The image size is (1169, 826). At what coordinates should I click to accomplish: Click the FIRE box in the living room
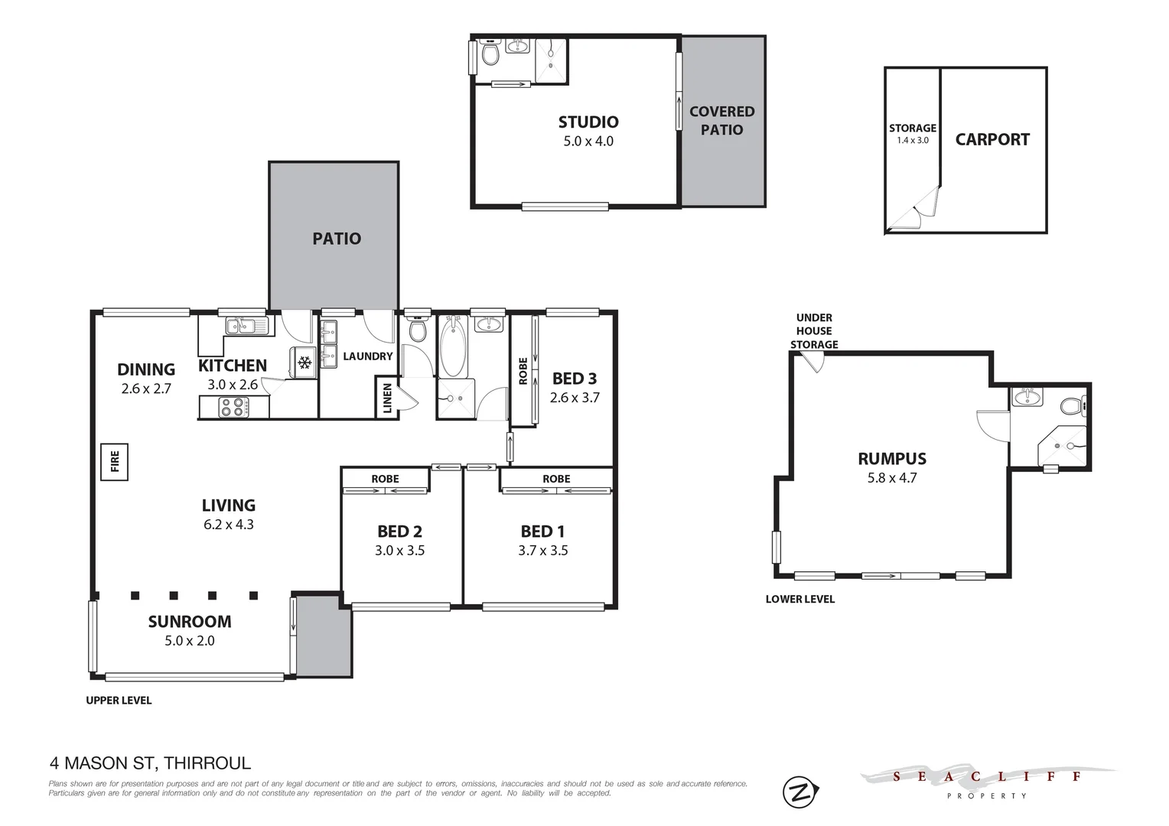pos(115,461)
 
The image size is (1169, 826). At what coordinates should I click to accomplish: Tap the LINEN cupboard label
pos(386,398)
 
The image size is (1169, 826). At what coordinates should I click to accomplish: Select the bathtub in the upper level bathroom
pos(453,348)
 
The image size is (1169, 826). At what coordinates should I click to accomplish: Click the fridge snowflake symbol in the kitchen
pos(304,362)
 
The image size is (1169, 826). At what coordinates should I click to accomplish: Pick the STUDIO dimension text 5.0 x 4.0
pos(588,141)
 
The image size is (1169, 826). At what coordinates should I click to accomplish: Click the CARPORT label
pos(992,139)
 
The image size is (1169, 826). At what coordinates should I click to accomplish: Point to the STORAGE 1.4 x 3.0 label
pos(912,134)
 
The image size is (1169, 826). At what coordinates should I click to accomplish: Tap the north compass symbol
pos(800,792)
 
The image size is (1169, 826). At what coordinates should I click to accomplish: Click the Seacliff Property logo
pos(987,782)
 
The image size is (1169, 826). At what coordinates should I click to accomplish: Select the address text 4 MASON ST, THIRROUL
pos(150,763)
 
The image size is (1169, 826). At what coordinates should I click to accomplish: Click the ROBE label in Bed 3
pos(523,371)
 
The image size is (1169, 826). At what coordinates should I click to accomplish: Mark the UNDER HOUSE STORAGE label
pos(814,331)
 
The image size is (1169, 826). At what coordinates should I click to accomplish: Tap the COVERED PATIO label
pos(721,121)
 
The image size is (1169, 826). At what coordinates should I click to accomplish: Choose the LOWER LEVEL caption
pos(799,599)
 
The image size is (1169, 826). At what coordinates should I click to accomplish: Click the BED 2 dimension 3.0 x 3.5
pos(399,551)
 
